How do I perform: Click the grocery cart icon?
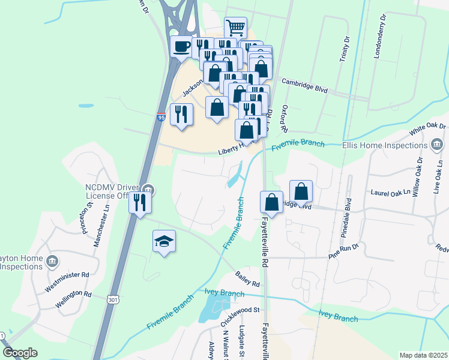236,27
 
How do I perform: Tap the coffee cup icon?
182,46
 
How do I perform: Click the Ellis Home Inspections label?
384,145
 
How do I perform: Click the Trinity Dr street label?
346,46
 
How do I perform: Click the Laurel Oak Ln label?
394,193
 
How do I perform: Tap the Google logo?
20,353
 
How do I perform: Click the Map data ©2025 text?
423,355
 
